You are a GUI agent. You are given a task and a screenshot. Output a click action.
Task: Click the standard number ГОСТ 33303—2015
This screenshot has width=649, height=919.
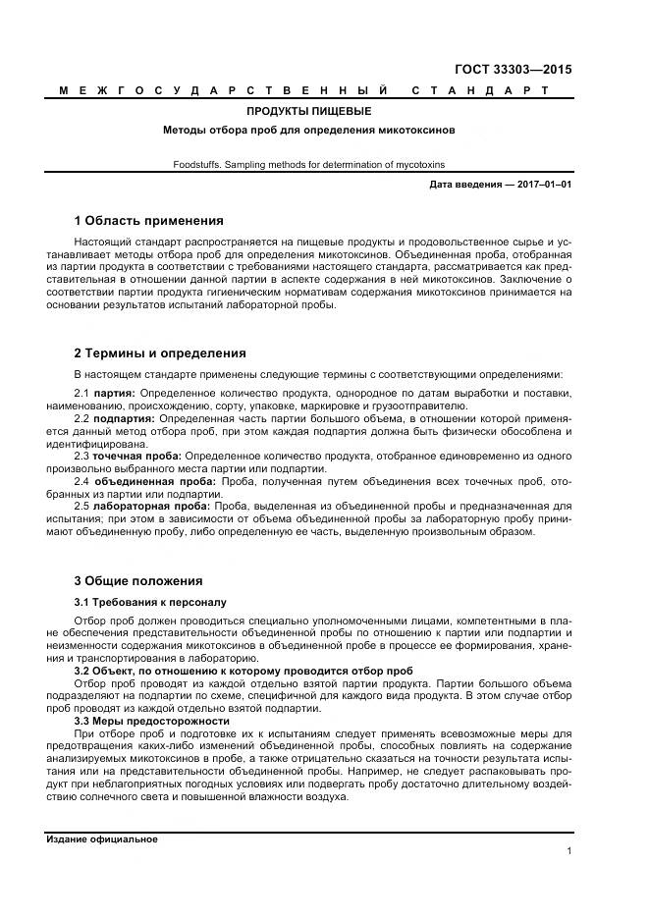(x=513, y=70)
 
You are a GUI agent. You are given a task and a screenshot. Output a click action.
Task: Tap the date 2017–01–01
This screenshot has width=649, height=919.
(x=545, y=185)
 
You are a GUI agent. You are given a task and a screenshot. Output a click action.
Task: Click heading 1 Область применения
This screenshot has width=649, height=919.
(x=149, y=220)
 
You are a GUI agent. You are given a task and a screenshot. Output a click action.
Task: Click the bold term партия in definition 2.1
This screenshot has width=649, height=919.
(x=115, y=394)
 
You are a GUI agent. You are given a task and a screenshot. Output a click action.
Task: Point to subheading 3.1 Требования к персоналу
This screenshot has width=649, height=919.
(x=150, y=601)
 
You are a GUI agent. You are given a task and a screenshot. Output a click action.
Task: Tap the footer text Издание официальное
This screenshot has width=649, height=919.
(x=102, y=839)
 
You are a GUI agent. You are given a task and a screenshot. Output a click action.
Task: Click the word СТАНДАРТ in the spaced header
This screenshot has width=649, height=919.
(x=479, y=90)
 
